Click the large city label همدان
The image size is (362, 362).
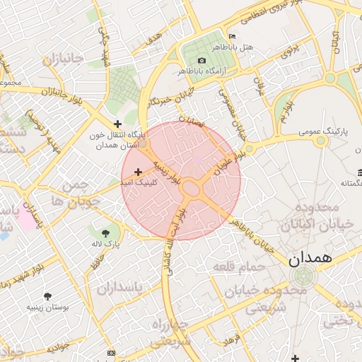310,259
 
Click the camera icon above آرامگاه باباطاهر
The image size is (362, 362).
202,61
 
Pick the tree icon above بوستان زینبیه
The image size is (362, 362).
47,297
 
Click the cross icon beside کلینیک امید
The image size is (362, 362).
138,171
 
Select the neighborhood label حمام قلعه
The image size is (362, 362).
238,267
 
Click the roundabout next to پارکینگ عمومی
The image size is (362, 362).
321,141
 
